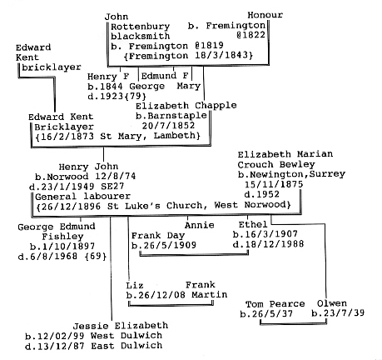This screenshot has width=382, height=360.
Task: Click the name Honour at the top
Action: click(x=265, y=15)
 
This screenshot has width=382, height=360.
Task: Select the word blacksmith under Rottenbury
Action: click(x=141, y=36)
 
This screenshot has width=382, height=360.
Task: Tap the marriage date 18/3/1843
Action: click(x=221, y=55)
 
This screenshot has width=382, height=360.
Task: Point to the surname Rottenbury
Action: click(x=141, y=27)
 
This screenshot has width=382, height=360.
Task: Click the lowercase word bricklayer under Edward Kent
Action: click(x=52, y=67)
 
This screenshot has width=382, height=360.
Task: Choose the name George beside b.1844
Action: click(x=147, y=86)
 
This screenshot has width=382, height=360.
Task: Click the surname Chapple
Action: click(x=216, y=106)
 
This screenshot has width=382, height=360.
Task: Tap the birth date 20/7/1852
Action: click(x=168, y=126)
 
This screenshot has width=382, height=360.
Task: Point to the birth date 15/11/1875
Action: click(x=274, y=184)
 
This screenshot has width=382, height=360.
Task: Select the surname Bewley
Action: click(x=297, y=164)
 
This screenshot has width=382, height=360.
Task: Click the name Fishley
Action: click(x=62, y=237)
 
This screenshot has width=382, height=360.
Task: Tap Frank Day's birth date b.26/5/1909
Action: click(x=164, y=245)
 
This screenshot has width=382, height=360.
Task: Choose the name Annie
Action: click(x=200, y=225)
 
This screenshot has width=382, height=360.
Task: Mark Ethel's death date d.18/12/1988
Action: click(x=268, y=244)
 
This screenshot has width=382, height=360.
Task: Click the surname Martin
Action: click(x=210, y=294)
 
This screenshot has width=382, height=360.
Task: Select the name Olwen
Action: click(x=332, y=303)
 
